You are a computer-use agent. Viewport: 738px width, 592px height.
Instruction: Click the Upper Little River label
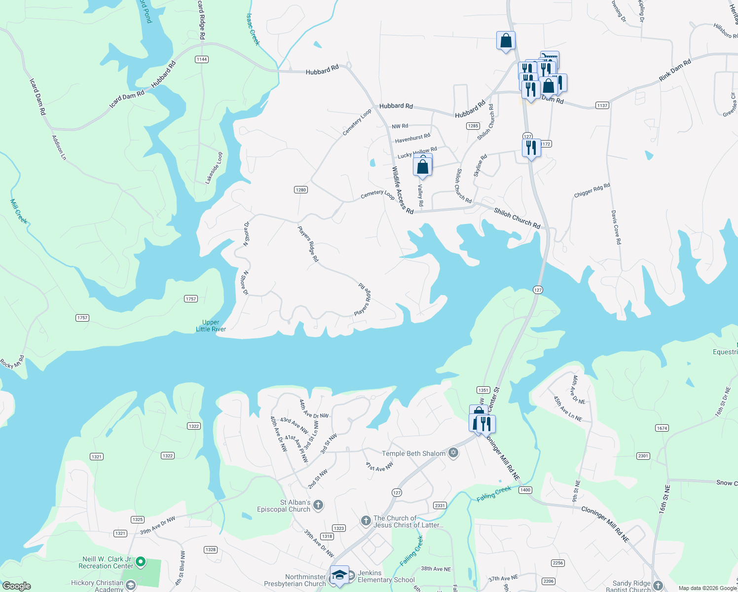click(211, 326)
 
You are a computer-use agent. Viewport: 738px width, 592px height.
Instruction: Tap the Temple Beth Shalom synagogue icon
click(453, 453)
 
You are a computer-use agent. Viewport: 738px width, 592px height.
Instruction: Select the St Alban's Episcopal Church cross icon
click(318, 505)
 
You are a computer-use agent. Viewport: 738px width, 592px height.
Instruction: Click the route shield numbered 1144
click(201, 59)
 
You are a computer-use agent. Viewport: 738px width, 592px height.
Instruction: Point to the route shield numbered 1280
click(300, 189)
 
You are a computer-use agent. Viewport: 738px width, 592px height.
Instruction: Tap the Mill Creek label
click(18, 211)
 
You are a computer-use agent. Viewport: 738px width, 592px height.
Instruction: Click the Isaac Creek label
click(253, 30)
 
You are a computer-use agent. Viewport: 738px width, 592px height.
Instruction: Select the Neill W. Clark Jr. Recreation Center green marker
click(141, 561)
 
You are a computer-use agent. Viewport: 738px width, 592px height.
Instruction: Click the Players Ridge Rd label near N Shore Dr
click(308, 244)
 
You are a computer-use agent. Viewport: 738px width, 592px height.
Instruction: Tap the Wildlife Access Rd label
click(403, 190)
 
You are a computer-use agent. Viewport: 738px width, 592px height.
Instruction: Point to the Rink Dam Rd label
click(675, 71)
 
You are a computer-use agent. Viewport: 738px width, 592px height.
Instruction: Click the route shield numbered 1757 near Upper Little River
click(191, 298)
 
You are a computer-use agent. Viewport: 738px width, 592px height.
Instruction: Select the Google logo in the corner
click(17, 586)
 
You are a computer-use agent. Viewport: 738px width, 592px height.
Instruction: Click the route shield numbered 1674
click(662, 428)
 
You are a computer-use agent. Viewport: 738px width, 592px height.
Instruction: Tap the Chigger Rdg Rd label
click(592, 190)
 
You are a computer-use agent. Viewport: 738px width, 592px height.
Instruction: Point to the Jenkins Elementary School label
click(386, 576)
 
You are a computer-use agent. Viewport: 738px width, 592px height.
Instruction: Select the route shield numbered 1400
click(525, 490)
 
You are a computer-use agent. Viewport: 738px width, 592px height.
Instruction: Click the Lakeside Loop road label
click(214, 168)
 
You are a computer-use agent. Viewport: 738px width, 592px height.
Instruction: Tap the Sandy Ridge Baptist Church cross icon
click(658, 586)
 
